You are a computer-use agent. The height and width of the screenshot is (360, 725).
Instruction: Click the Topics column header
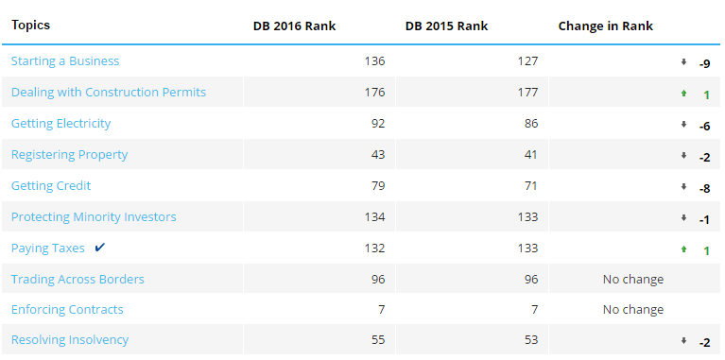31,25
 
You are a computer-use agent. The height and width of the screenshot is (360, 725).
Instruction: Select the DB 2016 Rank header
295,26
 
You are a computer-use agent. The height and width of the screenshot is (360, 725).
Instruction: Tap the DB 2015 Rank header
447,26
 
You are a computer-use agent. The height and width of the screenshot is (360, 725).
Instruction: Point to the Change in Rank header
606,26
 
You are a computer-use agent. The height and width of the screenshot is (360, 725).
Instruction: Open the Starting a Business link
65,61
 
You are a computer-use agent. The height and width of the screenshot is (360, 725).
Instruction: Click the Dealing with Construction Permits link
109,92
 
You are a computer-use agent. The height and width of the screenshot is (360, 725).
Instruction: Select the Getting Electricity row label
61,124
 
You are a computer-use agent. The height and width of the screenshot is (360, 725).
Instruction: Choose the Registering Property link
69,154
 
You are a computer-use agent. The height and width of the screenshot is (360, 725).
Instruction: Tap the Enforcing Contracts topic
67,309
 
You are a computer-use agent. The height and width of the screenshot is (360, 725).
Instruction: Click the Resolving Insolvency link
70,339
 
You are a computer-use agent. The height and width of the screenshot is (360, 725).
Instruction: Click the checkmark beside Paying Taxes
99,248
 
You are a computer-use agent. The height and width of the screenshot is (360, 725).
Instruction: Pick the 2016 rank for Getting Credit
378,186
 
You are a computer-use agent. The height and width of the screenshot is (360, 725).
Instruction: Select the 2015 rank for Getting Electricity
531,124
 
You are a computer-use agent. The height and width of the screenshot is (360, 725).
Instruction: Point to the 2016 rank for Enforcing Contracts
381,309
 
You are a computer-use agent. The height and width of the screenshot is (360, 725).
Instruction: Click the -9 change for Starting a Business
704,63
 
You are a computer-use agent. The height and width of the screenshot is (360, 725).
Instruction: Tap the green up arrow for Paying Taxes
683,249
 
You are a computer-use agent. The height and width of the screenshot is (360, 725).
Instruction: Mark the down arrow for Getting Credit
683,187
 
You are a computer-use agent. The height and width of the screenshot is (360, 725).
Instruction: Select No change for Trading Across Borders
633,279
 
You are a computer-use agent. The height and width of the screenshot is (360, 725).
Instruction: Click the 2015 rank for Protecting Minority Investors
527,216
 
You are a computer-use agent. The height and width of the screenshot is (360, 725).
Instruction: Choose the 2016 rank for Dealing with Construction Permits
374,92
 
